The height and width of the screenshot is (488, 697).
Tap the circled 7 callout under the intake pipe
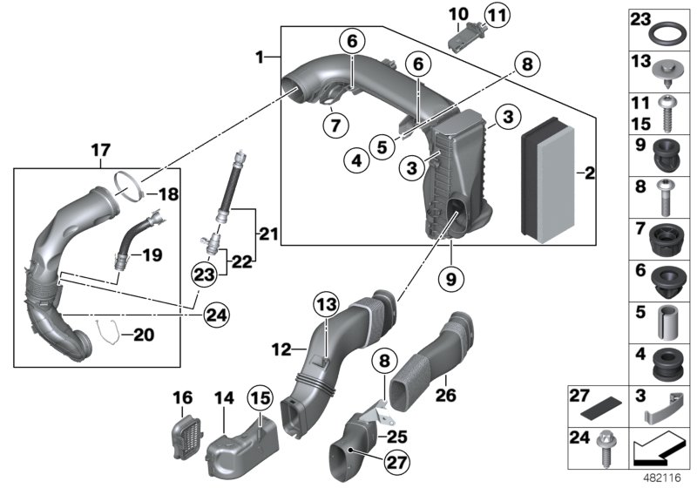click(334, 125)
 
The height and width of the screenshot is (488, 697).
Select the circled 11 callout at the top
click(497, 15)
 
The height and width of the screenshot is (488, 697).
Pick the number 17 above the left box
click(98, 150)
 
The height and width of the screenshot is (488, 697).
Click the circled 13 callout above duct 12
click(325, 303)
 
